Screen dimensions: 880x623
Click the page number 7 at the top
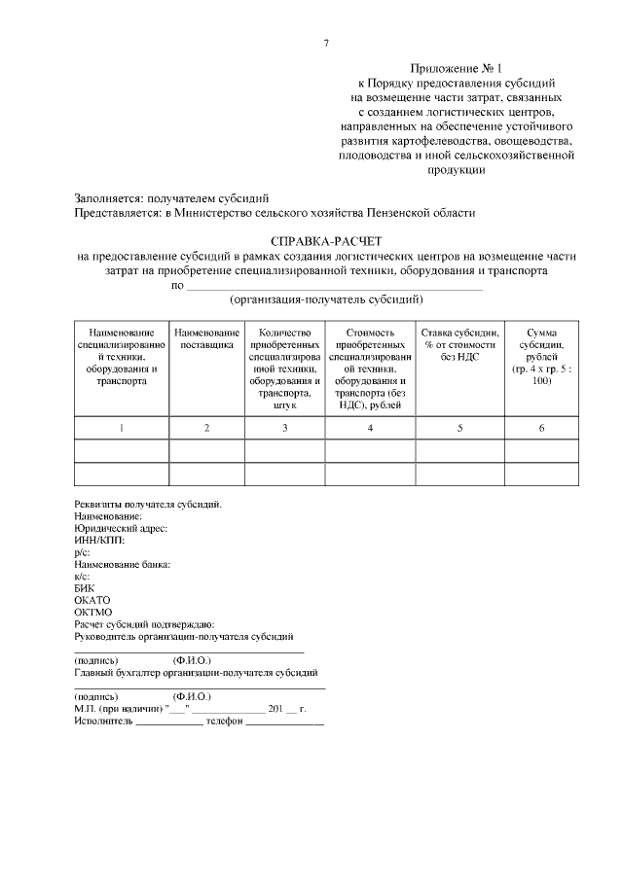326,43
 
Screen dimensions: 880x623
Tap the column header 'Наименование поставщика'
206,339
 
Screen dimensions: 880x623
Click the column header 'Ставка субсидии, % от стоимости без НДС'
459,346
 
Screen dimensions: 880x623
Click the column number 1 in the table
122,428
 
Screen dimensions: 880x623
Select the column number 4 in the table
370,428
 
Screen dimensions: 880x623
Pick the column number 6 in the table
541,428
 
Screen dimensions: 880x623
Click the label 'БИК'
85,587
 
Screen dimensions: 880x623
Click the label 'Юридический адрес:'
121,528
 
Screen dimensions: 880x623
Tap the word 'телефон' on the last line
224,722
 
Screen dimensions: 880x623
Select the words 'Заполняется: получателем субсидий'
171,197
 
